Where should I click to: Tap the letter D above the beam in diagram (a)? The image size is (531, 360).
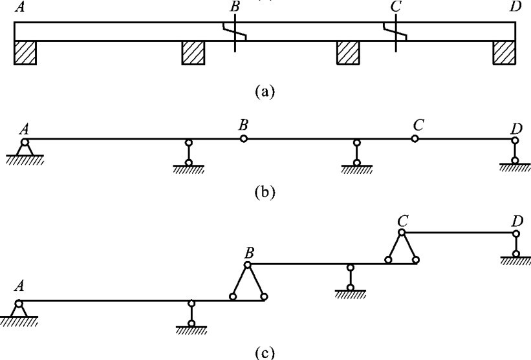[x=515, y=7]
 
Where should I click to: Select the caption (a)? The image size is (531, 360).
[x=265, y=91]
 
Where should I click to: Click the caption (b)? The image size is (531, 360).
[x=265, y=192]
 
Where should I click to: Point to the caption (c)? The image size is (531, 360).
[x=265, y=352]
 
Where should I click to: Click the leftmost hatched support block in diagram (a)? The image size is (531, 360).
[x=25, y=53]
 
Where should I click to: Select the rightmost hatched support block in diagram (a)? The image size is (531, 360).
[x=504, y=53]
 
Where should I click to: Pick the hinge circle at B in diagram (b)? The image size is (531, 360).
[x=243, y=138]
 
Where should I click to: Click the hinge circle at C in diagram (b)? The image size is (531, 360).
[x=415, y=138]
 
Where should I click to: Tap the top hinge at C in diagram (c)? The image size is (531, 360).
[x=402, y=231]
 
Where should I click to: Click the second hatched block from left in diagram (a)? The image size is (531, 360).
[x=193, y=53]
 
